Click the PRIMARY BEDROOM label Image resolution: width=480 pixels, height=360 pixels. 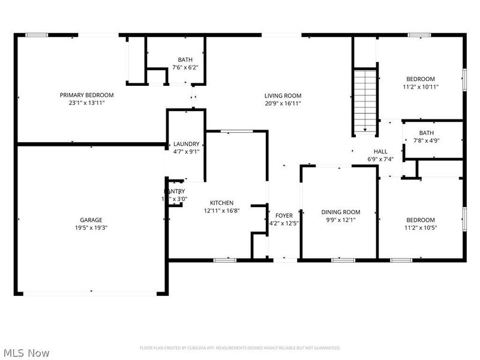click(x=86, y=95)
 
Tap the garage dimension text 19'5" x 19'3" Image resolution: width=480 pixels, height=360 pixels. click(x=91, y=227)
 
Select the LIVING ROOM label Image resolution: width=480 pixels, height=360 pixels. click(x=283, y=95)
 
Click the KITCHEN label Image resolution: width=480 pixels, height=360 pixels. click(x=221, y=203)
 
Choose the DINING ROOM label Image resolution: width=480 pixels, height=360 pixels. click(x=341, y=212)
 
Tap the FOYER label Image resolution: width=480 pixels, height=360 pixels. click(x=284, y=215)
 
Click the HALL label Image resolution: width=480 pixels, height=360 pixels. click(x=380, y=152)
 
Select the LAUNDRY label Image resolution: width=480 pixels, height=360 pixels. click(x=186, y=144)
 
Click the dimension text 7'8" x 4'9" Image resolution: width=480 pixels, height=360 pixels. click(x=427, y=141)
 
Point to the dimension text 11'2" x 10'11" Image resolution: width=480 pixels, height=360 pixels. click(x=421, y=86)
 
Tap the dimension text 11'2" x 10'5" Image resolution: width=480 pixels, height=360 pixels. click(x=421, y=227)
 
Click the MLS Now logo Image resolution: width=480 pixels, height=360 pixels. click(x=26, y=353)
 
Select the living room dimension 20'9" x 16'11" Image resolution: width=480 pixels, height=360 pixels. click(x=283, y=103)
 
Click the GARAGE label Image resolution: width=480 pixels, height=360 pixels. click(x=91, y=220)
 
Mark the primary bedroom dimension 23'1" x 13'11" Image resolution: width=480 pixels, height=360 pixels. click(x=86, y=103)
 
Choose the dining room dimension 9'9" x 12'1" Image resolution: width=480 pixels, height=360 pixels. click(x=341, y=220)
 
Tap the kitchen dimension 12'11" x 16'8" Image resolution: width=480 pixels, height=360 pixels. click(x=221, y=211)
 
